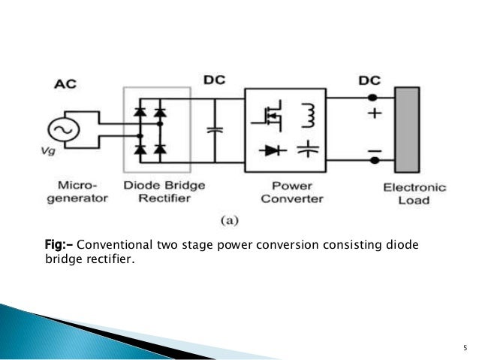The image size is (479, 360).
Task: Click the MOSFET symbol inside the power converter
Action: pos(270,114)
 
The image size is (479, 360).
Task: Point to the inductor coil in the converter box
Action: pos(309,115)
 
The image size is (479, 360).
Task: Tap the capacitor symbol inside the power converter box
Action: pos(309,148)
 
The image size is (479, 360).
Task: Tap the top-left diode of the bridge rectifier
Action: pos(140,113)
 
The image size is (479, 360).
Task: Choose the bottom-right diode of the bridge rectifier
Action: pos(158,149)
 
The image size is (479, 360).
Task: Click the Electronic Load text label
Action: pos(415,194)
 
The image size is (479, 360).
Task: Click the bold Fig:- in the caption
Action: pos(60,245)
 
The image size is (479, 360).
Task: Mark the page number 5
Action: pos(463,347)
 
